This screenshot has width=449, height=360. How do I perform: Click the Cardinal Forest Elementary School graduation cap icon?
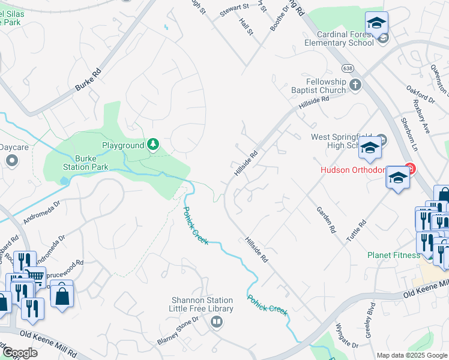click(377, 23)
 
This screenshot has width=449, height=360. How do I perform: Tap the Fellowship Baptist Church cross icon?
click(355, 84)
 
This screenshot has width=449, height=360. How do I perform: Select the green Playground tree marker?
click(153, 145)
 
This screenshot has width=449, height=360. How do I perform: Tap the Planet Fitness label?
click(394, 255)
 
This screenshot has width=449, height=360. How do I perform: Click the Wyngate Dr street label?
click(346, 335)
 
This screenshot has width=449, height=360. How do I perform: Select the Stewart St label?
click(234, 8)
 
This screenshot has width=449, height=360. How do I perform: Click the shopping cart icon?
click(36, 277)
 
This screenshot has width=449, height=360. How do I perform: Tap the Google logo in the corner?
click(19, 353)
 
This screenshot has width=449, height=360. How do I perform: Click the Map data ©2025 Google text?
click(412, 355)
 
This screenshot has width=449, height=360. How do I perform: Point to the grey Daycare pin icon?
click(11, 160)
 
